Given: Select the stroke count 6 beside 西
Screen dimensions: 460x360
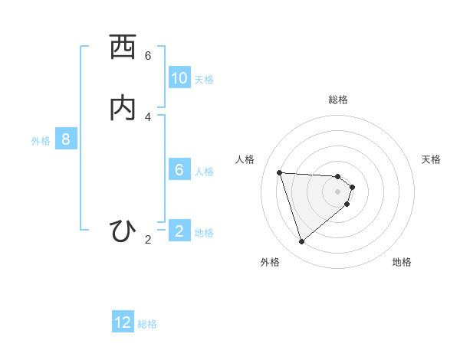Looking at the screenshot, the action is point(148,56).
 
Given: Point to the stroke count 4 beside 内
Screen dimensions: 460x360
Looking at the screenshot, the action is point(148,116).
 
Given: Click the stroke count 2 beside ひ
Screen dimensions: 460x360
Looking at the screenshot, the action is point(148,240).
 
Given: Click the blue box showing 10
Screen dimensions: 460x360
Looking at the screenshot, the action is point(179,78).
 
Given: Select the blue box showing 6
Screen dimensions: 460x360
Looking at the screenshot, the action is point(179,170).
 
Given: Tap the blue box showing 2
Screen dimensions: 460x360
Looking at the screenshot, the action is point(179,231).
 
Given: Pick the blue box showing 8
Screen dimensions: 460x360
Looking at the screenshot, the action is point(66,139).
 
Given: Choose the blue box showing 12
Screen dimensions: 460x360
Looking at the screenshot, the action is point(123,322).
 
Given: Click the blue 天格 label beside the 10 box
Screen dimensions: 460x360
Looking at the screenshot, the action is point(204,79).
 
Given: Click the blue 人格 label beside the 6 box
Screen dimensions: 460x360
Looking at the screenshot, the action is point(204,171).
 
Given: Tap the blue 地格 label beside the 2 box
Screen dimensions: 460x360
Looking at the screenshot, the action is point(204,232).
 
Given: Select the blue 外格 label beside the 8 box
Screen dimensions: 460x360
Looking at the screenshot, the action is point(41,140).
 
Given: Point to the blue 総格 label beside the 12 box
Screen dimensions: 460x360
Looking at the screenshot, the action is point(147,323).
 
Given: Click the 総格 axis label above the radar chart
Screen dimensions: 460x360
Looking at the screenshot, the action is point(338,100).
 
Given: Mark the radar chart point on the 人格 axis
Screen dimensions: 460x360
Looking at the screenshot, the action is point(280,172).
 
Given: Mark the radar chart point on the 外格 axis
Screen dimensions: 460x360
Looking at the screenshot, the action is point(302,242).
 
